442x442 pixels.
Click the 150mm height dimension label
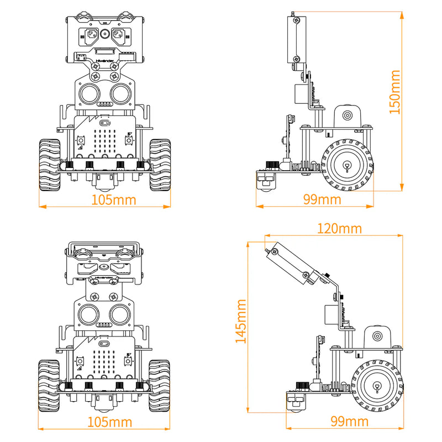pyautogui.click(x=394, y=92)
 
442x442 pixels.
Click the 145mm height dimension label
pyautogui.click(x=241, y=322)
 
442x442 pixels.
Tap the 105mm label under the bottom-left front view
pyautogui.click(x=110, y=422)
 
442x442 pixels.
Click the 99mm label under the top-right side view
pyautogui.click(x=322, y=199)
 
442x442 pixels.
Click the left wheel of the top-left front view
pyautogui.click(x=49, y=164)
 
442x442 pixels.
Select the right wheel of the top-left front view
pyautogui.click(x=159, y=164)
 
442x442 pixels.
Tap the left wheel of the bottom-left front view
pyautogui.click(x=49, y=386)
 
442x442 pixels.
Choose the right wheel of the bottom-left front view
pyautogui.click(x=159, y=386)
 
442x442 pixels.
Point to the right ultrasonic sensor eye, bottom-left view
pyautogui.click(x=120, y=314)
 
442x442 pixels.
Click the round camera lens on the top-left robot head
pyautogui.click(x=104, y=35)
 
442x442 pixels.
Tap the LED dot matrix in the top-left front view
pyautogui.click(x=104, y=137)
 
